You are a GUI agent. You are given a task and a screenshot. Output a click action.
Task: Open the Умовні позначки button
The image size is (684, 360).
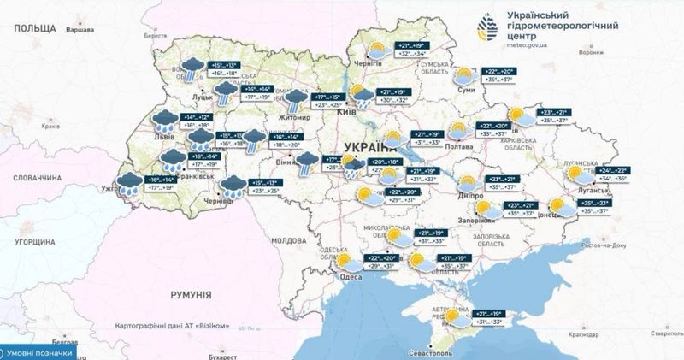[38, 351]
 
